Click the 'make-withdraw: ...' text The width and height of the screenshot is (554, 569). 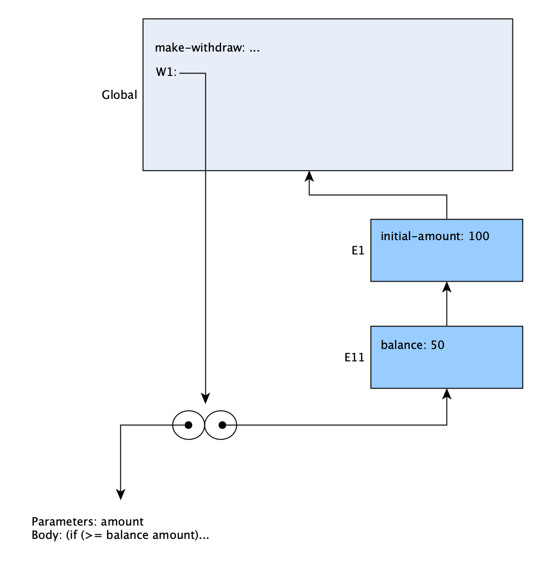tap(207, 48)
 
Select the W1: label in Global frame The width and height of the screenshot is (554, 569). tap(166, 72)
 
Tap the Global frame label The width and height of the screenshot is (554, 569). tap(119, 95)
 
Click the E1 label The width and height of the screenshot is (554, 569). tap(358, 251)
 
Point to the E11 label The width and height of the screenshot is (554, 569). tap(354, 358)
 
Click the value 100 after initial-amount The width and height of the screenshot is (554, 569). tap(479, 236)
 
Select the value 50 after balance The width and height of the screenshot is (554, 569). tap(437, 345)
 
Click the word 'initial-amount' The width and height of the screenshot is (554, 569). tap(421, 236)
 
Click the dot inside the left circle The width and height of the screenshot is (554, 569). tap(189, 425)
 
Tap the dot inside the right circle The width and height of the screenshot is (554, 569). tap(222, 425)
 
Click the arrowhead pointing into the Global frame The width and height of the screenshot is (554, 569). tap(309, 176)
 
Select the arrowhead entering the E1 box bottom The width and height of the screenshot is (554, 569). tap(447, 287)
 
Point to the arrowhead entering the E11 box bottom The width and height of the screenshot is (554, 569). tap(447, 394)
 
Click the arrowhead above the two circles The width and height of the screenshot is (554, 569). tap(205, 398)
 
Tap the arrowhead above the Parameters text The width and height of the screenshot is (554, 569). tap(120, 495)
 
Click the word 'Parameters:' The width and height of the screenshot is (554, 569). tap(64, 522)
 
